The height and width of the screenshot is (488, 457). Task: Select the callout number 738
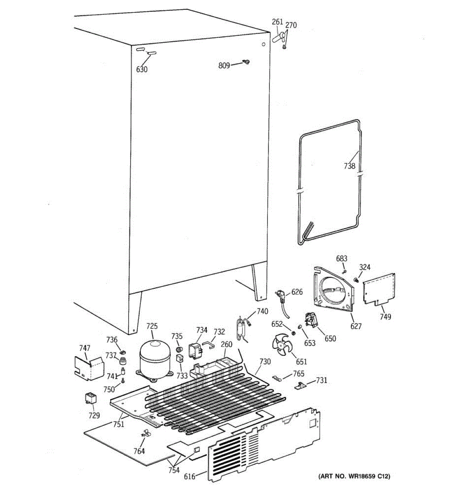tap(349, 166)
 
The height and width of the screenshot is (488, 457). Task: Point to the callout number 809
tap(224, 65)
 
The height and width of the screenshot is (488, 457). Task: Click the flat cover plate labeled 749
tap(379, 289)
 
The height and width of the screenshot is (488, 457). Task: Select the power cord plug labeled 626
tap(282, 294)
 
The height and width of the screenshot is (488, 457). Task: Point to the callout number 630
tap(142, 69)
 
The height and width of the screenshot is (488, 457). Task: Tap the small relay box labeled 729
tap(91, 398)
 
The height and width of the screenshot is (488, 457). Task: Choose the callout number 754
tap(174, 470)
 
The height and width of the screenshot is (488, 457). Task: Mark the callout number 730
tap(264, 362)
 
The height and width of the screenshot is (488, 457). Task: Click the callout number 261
tap(277, 22)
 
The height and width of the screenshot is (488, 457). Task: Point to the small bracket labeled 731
tap(301, 386)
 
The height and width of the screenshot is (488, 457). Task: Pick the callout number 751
tap(119, 424)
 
